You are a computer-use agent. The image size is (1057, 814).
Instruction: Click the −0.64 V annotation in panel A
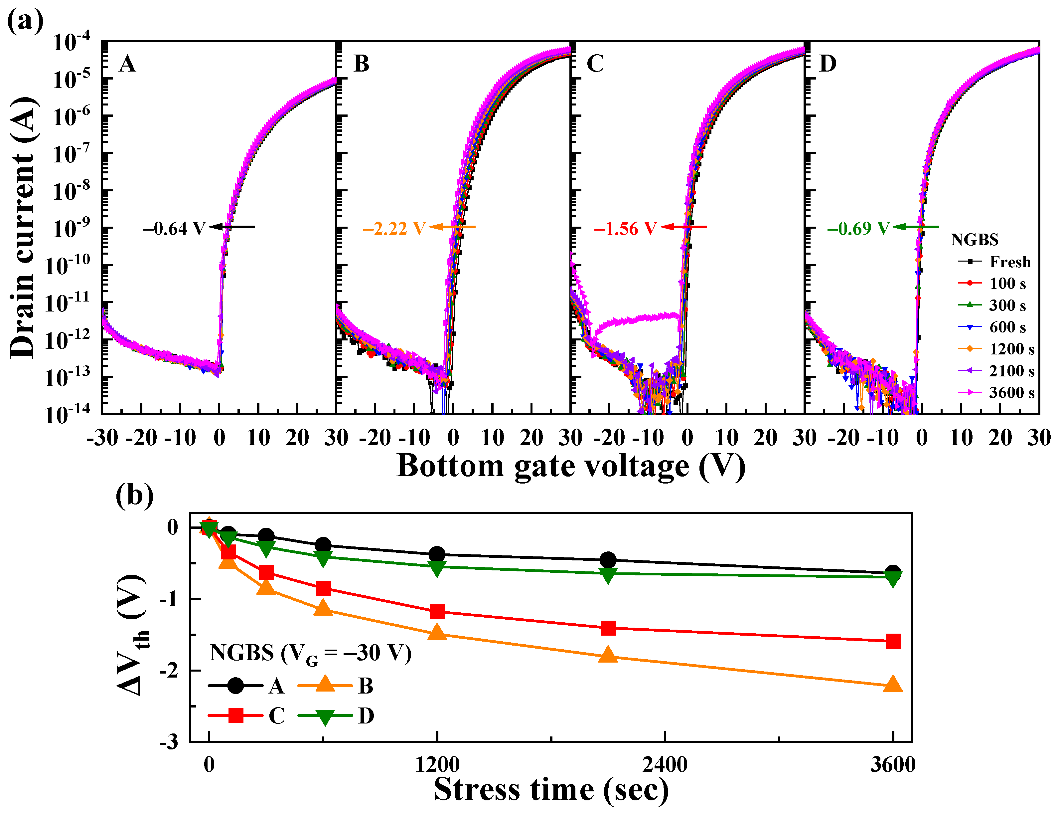[x=174, y=228]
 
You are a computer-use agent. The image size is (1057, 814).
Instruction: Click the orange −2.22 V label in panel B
[x=394, y=228]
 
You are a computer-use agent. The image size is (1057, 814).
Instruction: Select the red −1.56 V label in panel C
[x=625, y=228]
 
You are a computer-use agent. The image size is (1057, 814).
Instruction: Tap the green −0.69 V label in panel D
[x=858, y=228]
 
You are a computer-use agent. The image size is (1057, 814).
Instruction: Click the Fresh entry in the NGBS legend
[x=1009, y=262]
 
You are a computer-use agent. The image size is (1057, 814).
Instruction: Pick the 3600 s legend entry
[x=1011, y=392]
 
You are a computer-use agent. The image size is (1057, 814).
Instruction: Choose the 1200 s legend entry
[x=1011, y=349]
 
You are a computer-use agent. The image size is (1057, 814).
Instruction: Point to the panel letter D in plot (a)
[x=828, y=64]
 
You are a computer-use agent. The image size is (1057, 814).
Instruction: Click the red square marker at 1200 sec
[x=437, y=612]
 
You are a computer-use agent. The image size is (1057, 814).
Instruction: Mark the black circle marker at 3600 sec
[x=892, y=573]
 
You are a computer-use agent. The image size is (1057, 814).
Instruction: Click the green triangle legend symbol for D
[x=325, y=716]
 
